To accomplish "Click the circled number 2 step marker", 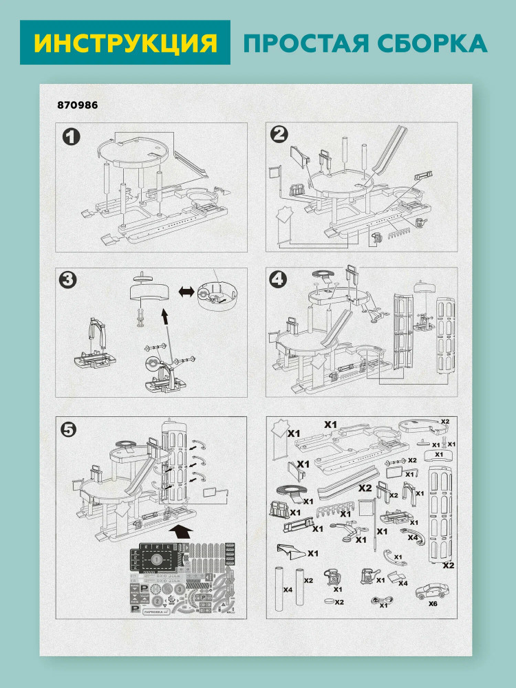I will pyautogui.click(x=279, y=136).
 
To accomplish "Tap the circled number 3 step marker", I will pyautogui.click(x=68, y=280).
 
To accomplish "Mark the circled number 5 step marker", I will pyautogui.click(x=69, y=428).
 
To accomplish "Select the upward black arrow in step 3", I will pyautogui.click(x=165, y=317).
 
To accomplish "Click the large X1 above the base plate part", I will pyautogui.click(x=331, y=425).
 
